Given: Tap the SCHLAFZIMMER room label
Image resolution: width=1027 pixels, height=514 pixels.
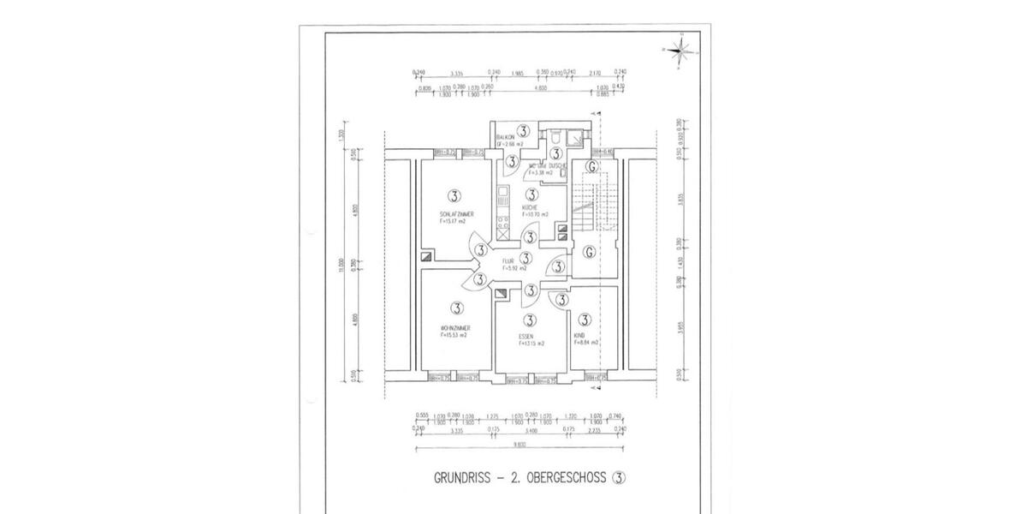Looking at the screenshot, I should click(456, 213).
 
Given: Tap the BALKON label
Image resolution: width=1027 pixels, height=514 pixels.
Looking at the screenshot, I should click(506, 137).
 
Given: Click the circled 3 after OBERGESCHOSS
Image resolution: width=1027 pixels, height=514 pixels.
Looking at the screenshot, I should click(619, 479).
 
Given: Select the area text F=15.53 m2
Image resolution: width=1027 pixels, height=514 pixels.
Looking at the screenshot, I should click(454, 336).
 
